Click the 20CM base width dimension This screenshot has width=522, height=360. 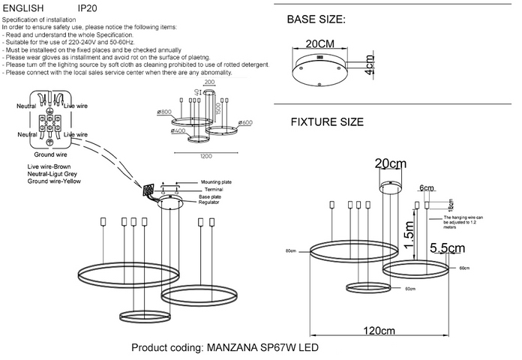tap(320, 43)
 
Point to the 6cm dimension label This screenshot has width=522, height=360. tap(427, 188)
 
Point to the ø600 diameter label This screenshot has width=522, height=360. tap(246, 123)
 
